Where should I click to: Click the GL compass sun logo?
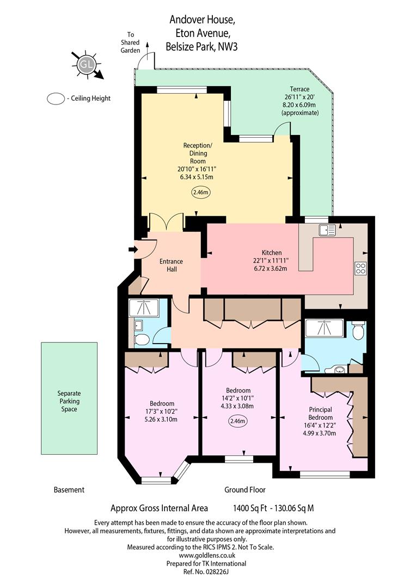(x=86, y=64)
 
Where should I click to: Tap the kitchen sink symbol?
(x=327, y=230)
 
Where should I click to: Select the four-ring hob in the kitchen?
(x=360, y=268)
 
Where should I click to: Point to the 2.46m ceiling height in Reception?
(x=200, y=192)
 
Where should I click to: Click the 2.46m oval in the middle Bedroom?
(x=238, y=421)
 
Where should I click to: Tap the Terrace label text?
(x=299, y=89)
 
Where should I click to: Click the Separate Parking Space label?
(x=69, y=401)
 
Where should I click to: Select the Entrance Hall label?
(x=171, y=265)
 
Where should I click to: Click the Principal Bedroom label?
(x=320, y=413)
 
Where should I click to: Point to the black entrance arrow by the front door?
(x=132, y=249)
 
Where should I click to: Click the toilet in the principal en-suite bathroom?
(x=359, y=329)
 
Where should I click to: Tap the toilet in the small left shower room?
(x=142, y=340)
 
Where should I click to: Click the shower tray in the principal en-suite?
(x=325, y=328)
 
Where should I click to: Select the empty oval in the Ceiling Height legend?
(x=56, y=99)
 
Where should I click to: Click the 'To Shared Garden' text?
(x=130, y=42)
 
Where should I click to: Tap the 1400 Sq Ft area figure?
(x=250, y=508)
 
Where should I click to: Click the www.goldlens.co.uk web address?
(x=207, y=555)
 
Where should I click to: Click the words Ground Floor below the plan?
(x=245, y=489)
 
